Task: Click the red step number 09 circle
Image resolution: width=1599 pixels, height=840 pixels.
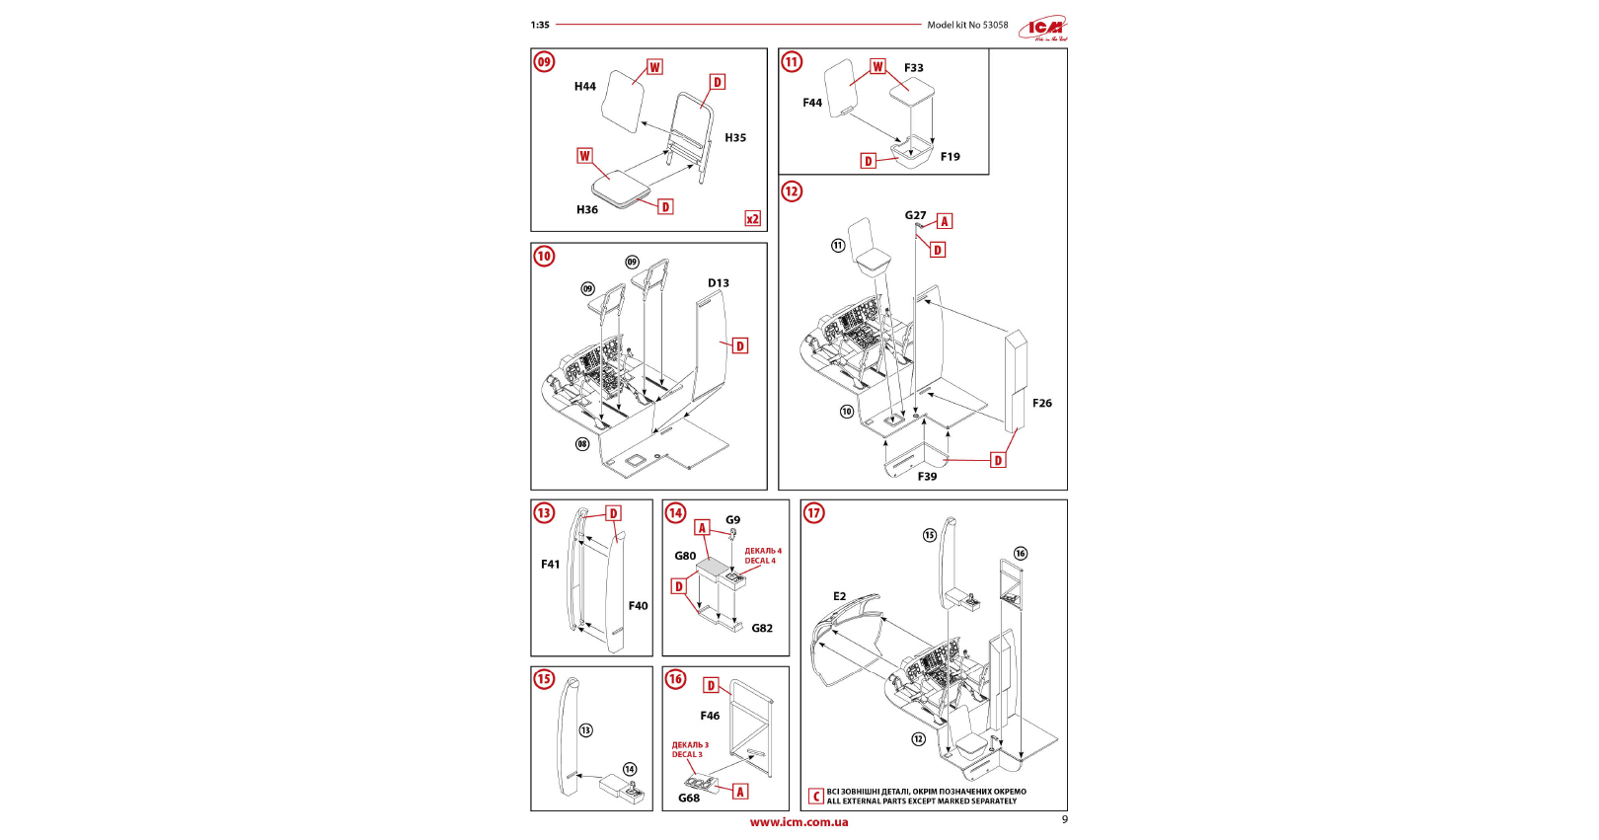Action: click(x=544, y=62)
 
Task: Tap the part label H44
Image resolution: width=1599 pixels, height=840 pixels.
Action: click(x=585, y=87)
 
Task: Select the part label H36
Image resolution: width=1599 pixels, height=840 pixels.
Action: click(x=587, y=209)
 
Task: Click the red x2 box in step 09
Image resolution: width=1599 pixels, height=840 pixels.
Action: click(x=752, y=219)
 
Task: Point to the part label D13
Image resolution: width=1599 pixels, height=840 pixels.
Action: click(x=719, y=283)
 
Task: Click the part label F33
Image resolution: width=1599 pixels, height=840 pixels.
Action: click(x=914, y=68)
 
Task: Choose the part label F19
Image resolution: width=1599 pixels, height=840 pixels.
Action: click(x=950, y=157)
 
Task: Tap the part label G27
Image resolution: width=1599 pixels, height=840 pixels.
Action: click(x=915, y=215)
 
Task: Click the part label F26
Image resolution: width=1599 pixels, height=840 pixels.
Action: click(x=1042, y=403)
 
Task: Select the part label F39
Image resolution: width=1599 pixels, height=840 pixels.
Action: click(x=927, y=477)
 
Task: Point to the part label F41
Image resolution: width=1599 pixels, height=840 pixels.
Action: click(x=550, y=565)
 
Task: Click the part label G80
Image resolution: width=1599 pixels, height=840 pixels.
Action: click(x=685, y=556)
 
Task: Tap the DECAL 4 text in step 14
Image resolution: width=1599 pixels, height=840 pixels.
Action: click(x=761, y=561)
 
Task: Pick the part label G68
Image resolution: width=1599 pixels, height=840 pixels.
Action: click(x=689, y=798)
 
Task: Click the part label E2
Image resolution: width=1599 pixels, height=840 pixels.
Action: click(x=839, y=596)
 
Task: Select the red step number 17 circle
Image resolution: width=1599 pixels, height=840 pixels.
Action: click(x=813, y=513)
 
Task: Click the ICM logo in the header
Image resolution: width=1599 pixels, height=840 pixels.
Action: click(x=1044, y=29)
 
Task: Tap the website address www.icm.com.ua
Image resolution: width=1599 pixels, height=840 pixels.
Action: click(x=799, y=822)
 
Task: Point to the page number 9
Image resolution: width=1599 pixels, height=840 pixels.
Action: click(x=1064, y=819)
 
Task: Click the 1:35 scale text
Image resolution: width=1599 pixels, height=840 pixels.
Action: click(x=540, y=26)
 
